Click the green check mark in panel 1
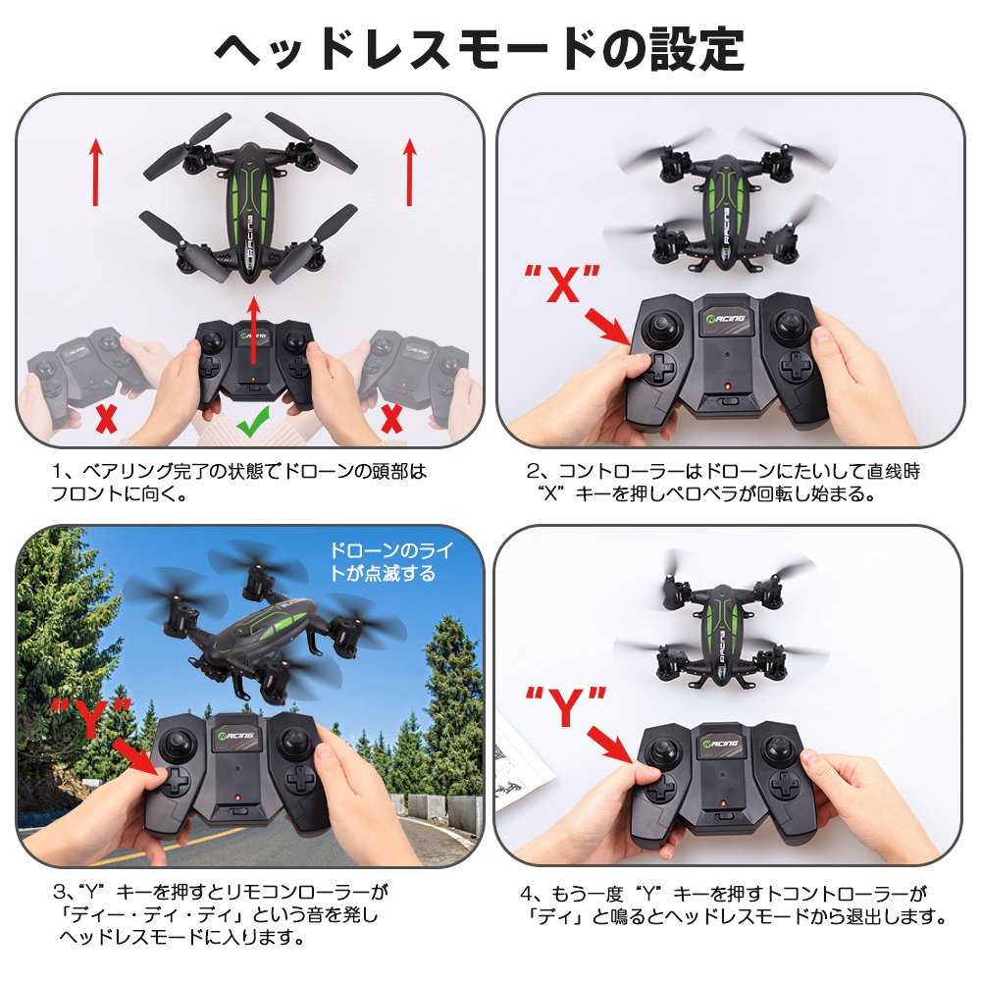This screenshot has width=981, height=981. (x=253, y=421)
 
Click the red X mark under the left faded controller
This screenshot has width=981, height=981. (x=106, y=418)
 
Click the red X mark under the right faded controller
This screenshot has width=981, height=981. (x=391, y=418)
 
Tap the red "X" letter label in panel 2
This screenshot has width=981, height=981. (x=562, y=284)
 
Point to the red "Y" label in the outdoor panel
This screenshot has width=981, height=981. (x=91, y=718)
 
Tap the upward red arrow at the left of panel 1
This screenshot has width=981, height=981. (x=95, y=172)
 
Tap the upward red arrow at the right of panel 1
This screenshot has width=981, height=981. (x=410, y=172)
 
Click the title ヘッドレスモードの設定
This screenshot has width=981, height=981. (x=480, y=49)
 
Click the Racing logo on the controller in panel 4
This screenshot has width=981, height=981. (x=721, y=744)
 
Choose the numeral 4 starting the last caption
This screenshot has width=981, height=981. (x=526, y=894)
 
